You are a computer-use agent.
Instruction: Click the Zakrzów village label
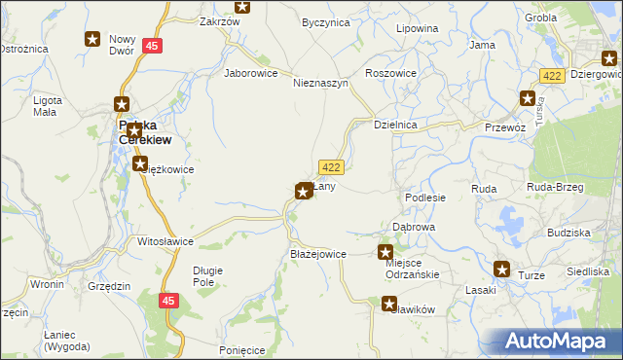[x=219, y=20]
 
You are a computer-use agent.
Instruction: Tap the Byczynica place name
[x=325, y=21]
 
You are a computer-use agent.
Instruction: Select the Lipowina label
[x=417, y=28]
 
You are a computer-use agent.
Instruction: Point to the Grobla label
[x=540, y=18]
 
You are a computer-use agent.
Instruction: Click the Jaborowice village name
[x=251, y=72]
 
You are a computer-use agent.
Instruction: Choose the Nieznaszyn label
[x=320, y=83]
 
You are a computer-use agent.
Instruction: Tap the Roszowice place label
[x=390, y=73]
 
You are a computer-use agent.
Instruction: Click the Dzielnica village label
[x=396, y=125]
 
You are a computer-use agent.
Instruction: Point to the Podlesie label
[x=425, y=197]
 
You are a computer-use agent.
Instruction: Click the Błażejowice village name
[x=318, y=254]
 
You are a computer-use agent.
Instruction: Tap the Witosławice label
[x=165, y=240]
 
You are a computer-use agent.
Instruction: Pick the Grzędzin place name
[x=108, y=285]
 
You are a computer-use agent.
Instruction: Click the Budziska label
[x=568, y=234]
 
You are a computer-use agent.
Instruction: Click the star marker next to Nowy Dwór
[x=92, y=39]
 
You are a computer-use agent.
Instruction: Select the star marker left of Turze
[x=502, y=270]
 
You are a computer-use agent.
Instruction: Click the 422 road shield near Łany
[x=329, y=167]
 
